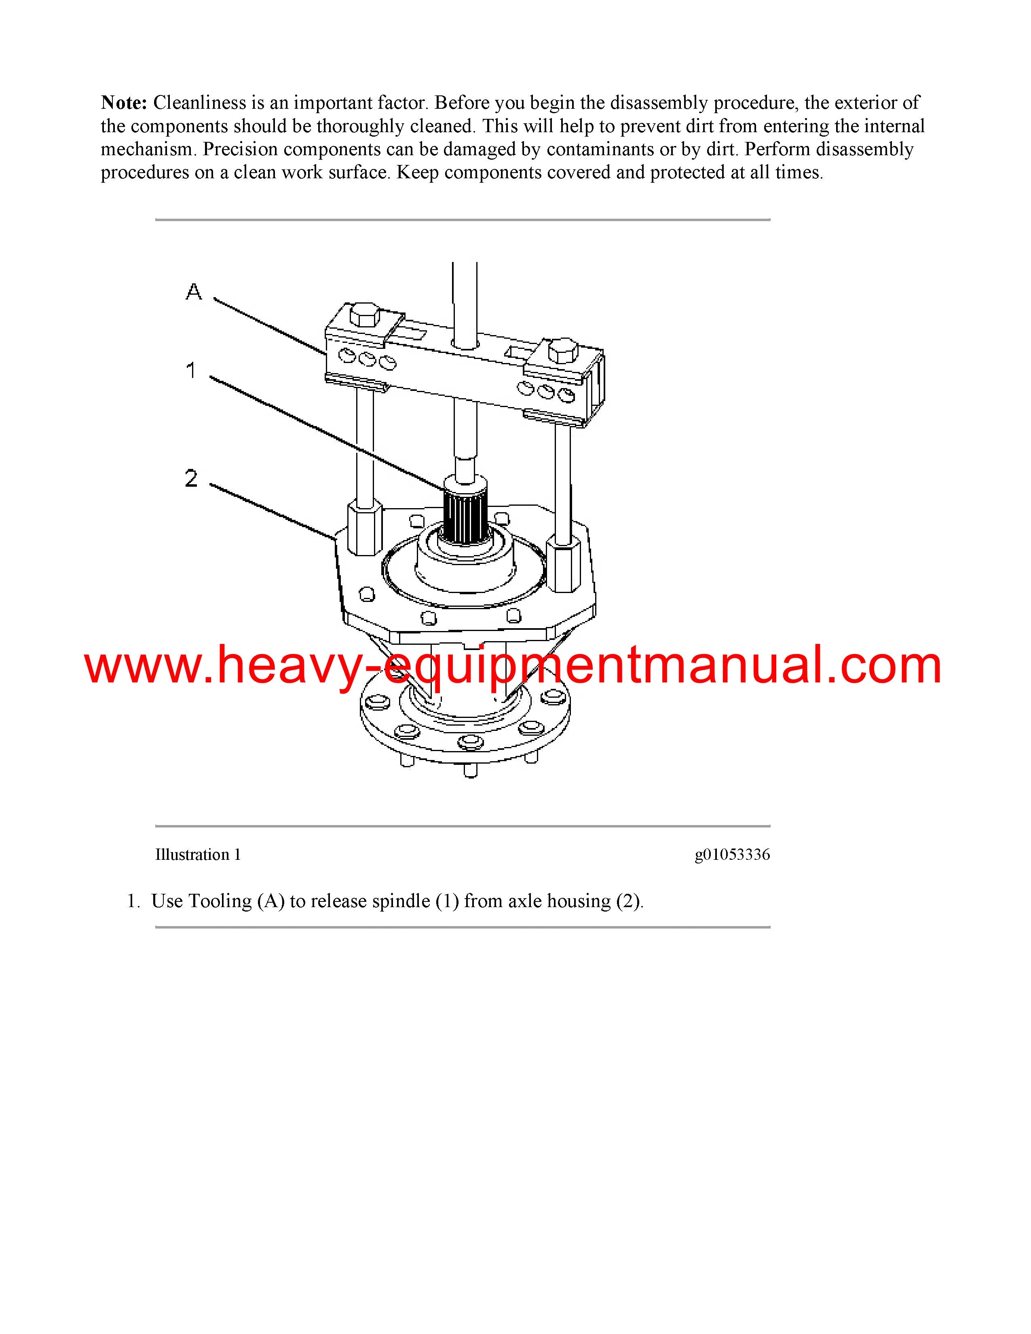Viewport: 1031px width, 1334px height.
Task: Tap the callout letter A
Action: tap(194, 291)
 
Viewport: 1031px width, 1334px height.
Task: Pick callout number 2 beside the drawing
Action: tap(191, 478)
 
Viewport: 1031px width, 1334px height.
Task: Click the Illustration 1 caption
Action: tap(198, 855)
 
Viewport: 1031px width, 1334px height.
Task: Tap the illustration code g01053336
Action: tap(732, 855)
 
